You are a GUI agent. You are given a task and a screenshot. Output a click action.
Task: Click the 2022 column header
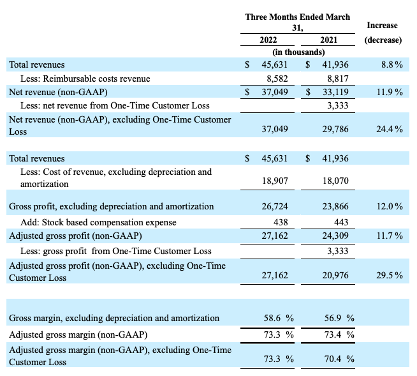[x=268, y=40]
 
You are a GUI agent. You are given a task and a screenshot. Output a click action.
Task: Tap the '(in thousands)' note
[x=298, y=52]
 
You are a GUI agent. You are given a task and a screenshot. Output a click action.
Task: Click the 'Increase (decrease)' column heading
[x=383, y=33]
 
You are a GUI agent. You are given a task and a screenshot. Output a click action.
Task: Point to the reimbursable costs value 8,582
[x=275, y=79]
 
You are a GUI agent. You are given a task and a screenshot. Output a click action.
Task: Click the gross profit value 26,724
[x=275, y=206]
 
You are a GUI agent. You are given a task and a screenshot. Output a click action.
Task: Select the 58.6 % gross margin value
[x=277, y=317]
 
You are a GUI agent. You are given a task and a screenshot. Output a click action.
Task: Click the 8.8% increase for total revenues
[x=391, y=64]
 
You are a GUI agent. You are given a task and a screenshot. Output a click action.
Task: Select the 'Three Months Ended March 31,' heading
[x=298, y=22]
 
